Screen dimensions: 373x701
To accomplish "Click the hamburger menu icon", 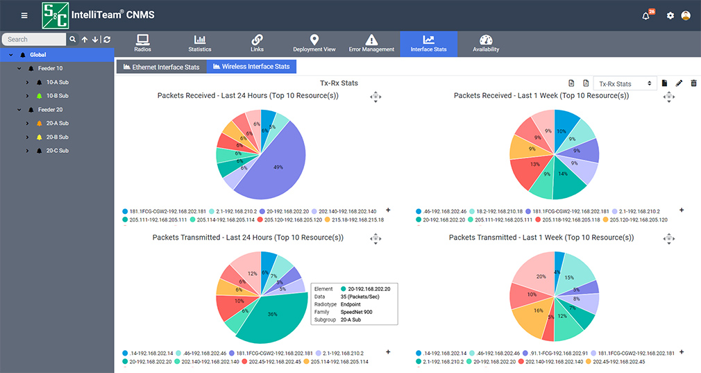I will tap(25, 15).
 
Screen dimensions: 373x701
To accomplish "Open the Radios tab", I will tap(142, 44).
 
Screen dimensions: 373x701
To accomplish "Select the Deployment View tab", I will tap(314, 44).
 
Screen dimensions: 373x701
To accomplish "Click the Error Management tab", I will tap(371, 44).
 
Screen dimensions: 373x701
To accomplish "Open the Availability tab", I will tap(486, 44).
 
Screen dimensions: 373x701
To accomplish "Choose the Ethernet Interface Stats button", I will tap(162, 67).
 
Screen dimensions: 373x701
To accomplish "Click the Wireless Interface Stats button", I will tap(251, 67).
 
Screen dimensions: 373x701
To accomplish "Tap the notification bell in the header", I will tap(646, 16).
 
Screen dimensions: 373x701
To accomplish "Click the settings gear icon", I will tap(670, 16).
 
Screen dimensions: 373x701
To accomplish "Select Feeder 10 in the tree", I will tap(50, 69).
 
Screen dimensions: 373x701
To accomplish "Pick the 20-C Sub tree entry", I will tap(58, 151).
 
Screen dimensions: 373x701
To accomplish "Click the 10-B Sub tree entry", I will tap(57, 96).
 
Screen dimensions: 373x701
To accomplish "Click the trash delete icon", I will tap(693, 83).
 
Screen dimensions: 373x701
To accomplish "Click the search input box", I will tap(35, 40).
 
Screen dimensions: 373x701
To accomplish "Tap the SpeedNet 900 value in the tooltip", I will tap(358, 312).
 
